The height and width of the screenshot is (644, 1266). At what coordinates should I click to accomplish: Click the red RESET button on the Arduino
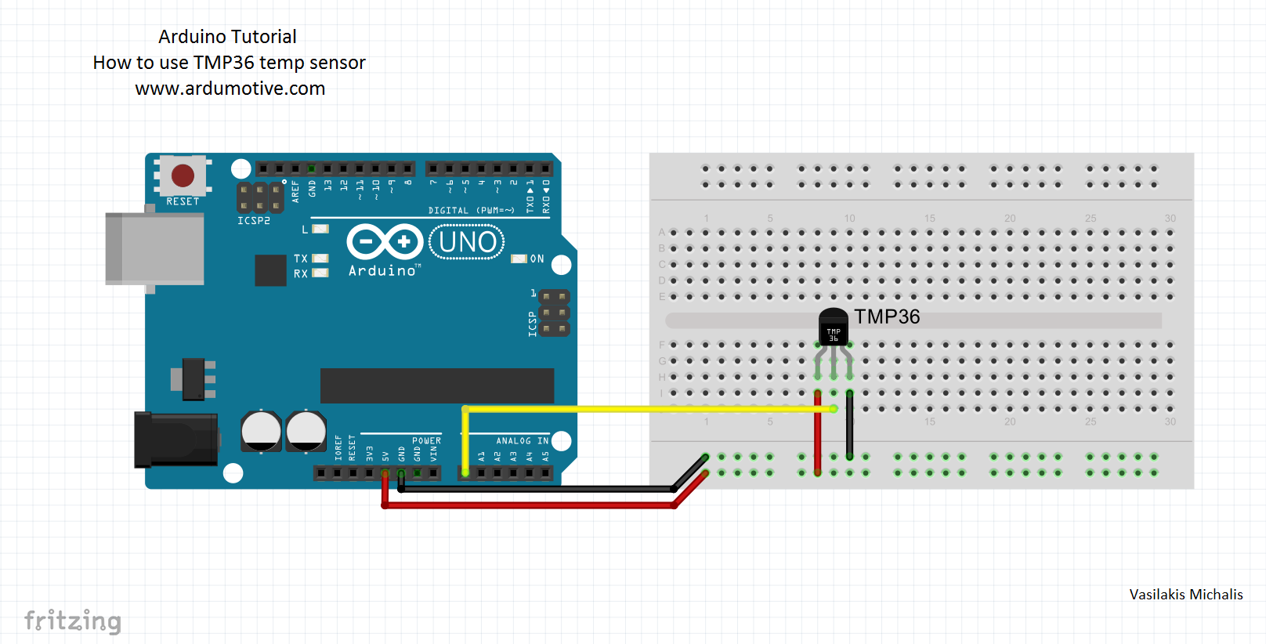point(183,175)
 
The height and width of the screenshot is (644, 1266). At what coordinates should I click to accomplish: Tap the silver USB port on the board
point(155,248)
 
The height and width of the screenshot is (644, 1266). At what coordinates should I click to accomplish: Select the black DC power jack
point(176,439)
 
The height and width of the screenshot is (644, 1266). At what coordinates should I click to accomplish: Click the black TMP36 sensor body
point(833,327)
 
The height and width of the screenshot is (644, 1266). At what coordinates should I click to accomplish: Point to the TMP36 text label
point(887,317)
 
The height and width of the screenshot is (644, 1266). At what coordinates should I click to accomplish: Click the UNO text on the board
point(467,242)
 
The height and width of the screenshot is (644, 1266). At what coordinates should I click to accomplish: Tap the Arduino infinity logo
point(385,241)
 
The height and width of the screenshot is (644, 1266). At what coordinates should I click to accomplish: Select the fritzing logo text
point(73,620)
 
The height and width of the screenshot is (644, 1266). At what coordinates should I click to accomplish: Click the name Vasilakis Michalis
point(1185,595)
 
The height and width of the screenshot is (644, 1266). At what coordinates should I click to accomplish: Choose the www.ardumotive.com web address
point(230,89)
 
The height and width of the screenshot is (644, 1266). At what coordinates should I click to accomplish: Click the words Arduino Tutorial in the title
point(227,37)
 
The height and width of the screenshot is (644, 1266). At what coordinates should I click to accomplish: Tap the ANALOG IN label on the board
point(522,441)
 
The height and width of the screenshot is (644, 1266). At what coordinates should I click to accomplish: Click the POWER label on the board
point(426,441)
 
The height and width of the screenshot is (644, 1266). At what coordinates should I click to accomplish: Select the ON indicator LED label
point(537,259)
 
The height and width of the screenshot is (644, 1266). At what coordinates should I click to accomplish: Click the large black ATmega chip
point(436,385)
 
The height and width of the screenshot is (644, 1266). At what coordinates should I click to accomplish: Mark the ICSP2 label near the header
point(254,221)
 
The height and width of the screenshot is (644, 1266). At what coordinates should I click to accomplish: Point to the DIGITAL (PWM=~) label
point(471,211)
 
